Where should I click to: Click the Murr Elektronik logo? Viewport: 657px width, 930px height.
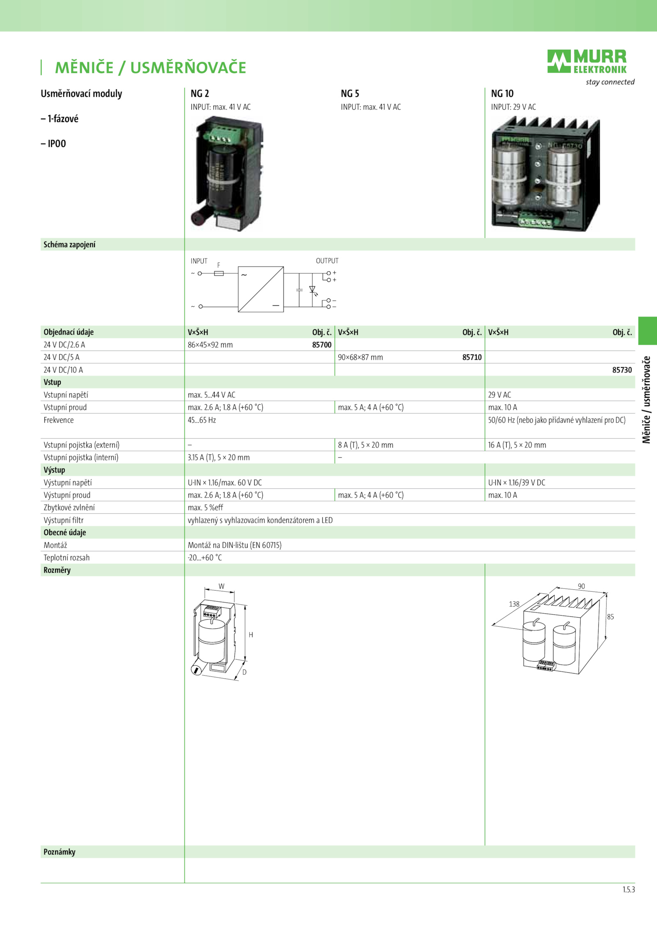point(587,62)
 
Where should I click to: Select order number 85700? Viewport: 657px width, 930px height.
point(322,345)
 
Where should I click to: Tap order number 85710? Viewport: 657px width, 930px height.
point(472,357)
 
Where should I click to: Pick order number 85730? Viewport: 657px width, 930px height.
point(622,370)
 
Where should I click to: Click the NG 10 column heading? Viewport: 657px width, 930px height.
point(502,94)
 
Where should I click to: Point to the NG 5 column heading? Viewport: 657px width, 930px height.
point(350,94)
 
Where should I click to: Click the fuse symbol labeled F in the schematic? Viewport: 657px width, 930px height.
point(219,273)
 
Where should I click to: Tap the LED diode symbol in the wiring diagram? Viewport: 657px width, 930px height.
point(312,290)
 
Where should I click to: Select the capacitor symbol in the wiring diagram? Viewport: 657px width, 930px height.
point(299,290)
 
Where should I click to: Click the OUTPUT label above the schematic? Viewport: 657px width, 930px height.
point(327,261)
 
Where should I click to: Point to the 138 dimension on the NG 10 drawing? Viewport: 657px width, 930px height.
point(514,604)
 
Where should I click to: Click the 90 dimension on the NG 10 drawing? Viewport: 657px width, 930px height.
point(581,586)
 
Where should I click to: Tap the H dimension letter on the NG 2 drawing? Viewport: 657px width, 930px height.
point(251,635)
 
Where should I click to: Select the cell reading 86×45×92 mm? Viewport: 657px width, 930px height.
point(210,345)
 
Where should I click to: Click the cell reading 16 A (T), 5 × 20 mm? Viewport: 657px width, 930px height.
point(517,445)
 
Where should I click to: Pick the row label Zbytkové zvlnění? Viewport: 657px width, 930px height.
point(69,508)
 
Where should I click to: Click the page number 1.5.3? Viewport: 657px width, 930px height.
point(629,890)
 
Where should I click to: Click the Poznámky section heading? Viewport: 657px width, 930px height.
point(60,852)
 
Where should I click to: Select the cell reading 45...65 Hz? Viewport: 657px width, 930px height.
point(202,420)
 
